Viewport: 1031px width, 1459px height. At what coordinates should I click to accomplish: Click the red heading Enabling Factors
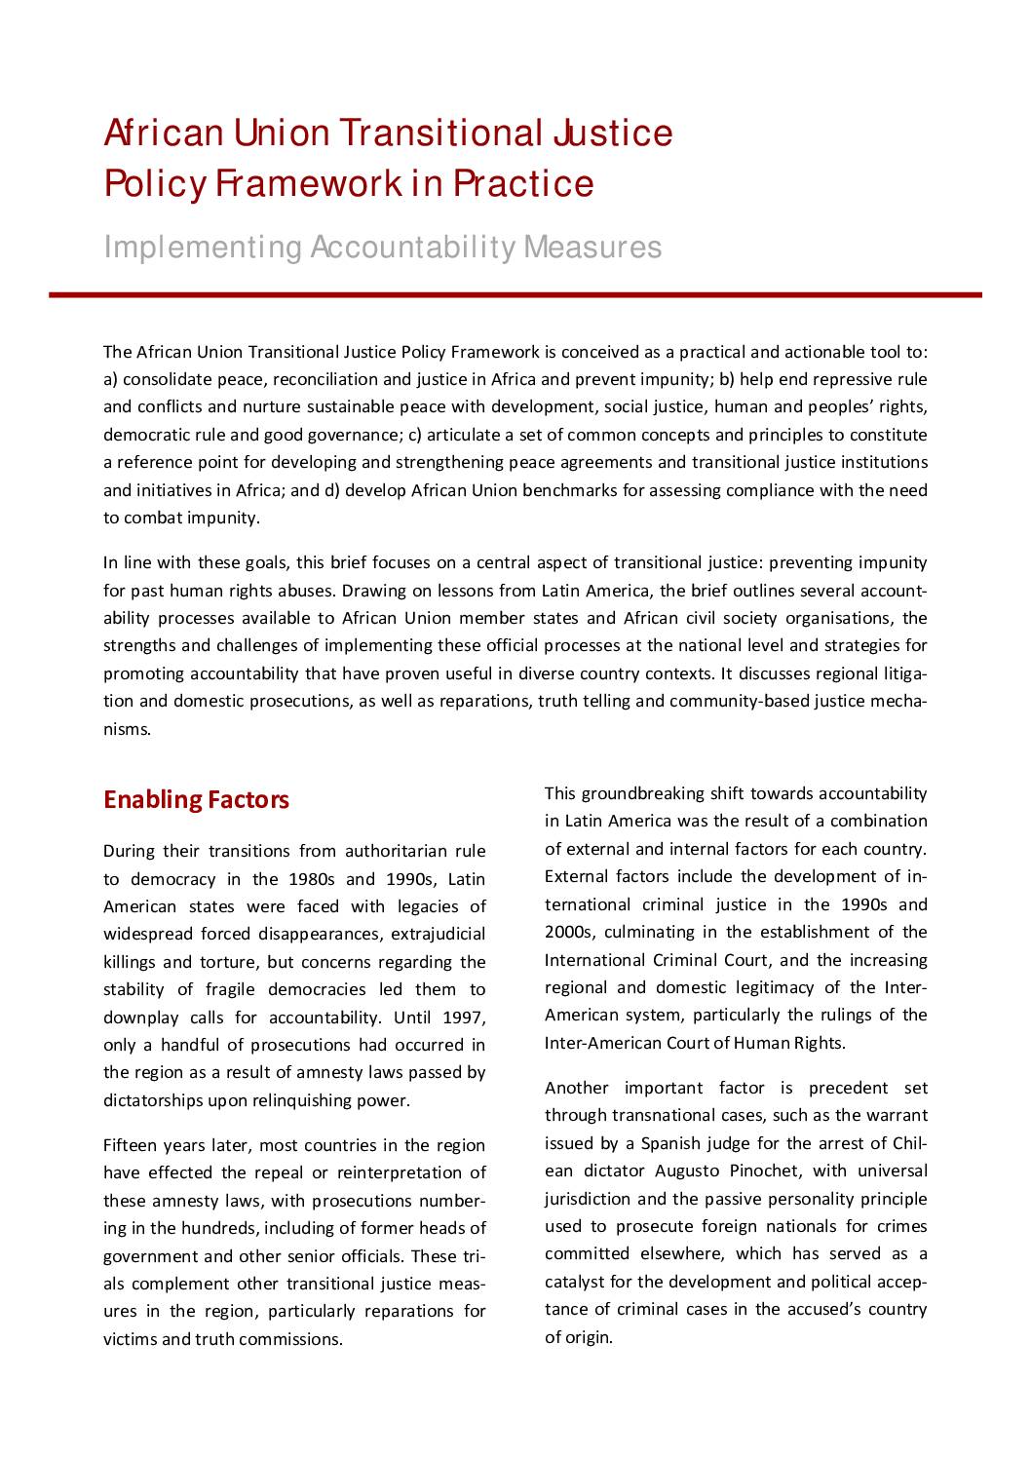tap(196, 800)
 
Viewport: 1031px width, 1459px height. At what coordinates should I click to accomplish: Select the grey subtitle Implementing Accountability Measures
tap(382, 248)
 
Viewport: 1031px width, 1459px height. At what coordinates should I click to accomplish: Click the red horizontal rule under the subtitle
tap(515, 294)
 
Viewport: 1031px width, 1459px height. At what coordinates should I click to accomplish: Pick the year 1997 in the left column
tap(464, 1017)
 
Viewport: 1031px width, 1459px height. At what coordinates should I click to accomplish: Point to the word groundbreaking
tap(644, 794)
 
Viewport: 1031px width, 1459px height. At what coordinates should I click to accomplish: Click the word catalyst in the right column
tap(576, 1282)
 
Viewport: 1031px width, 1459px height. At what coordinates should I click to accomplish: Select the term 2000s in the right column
tap(569, 933)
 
